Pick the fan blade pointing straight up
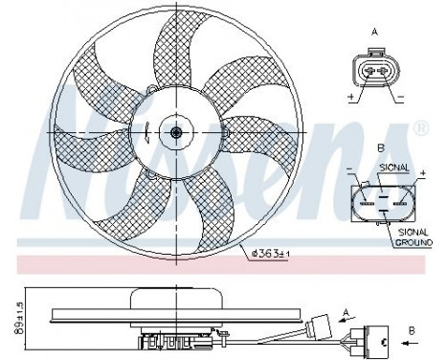(188, 57)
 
